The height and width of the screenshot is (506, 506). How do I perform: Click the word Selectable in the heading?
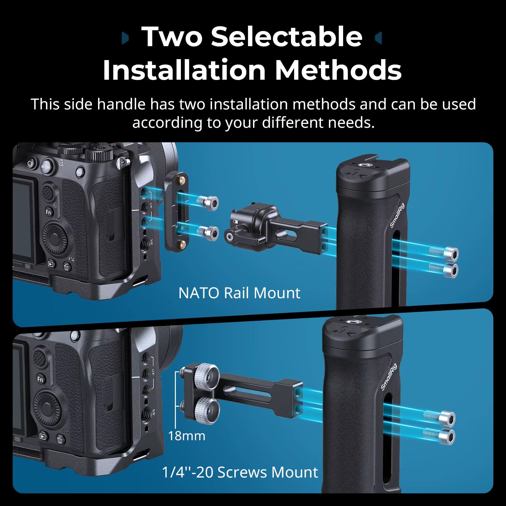point(287,37)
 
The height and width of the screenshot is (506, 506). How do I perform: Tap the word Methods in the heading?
point(338,70)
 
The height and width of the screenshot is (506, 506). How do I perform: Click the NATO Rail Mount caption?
point(239,293)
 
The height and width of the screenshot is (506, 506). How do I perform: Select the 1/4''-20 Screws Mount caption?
point(240,472)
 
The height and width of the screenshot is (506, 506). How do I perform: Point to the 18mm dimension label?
point(187,436)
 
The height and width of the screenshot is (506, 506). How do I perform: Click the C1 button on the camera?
point(30,164)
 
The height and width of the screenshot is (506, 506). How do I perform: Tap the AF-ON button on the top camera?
point(45,167)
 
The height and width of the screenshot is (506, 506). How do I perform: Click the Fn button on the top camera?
point(48,212)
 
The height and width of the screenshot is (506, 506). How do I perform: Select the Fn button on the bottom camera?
point(40,379)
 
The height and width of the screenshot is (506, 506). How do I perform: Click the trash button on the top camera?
point(66,267)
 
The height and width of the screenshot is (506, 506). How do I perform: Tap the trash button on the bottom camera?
point(60,440)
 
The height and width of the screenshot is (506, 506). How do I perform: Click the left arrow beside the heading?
point(125,38)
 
